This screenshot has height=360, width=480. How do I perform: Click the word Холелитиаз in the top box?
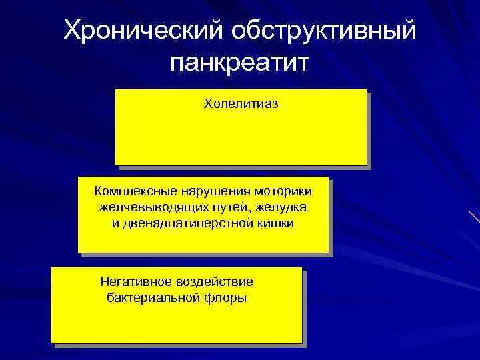click(241, 105)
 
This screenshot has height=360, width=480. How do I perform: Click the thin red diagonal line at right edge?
click(474, 217)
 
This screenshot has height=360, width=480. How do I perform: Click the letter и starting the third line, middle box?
click(116, 223)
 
